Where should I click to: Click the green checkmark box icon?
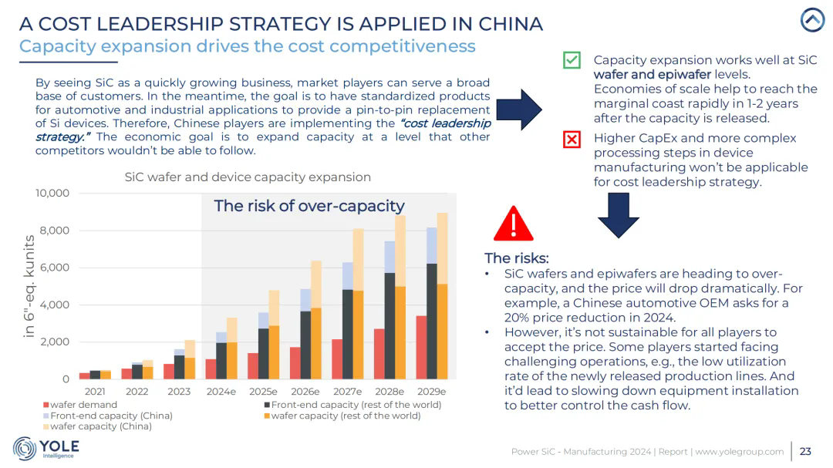[572, 59]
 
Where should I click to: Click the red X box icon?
[572, 140]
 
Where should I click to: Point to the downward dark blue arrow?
[619, 214]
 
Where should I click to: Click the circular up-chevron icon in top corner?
[812, 20]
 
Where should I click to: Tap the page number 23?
[805, 451]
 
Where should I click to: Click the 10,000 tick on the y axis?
[52, 193]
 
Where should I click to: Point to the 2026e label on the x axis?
[305, 392]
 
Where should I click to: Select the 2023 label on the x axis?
[179, 392]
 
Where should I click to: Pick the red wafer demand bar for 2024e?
[211, 369]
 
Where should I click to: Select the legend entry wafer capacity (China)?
[96, 426]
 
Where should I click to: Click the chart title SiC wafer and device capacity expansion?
[248, 177]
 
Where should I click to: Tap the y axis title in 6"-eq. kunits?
[30, 286]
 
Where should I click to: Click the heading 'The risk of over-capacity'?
[309, 206]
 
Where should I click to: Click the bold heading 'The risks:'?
[516, 258]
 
